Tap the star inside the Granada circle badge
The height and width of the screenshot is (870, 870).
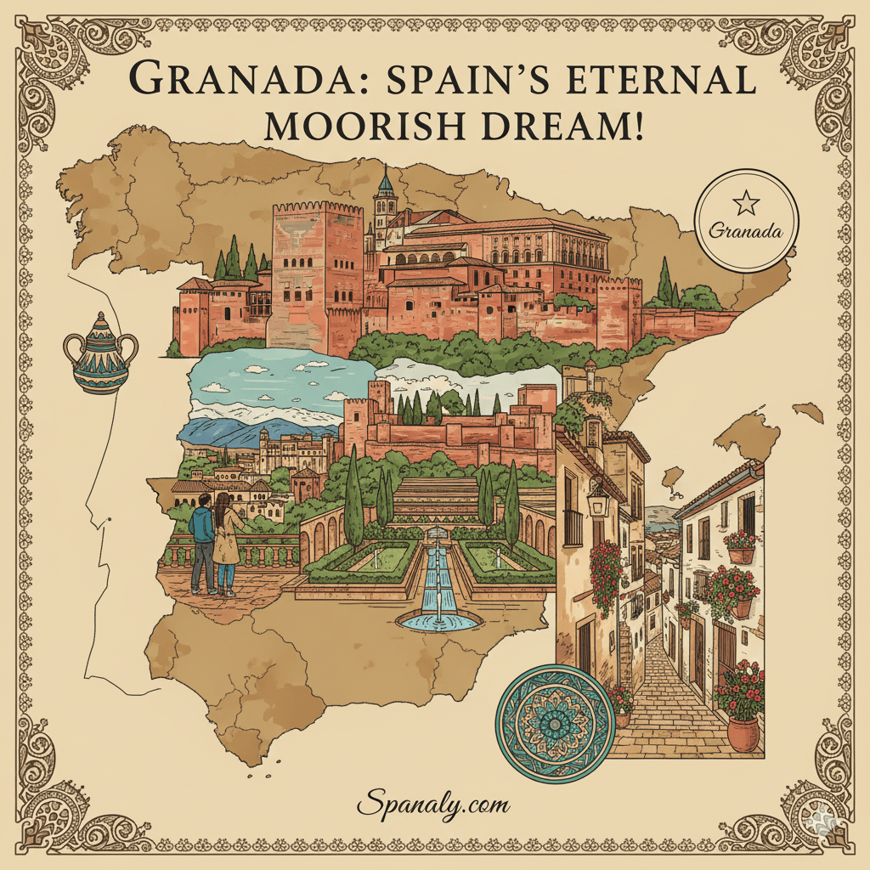coord(746,202)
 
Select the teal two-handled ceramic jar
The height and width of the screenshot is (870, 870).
coord(101,354)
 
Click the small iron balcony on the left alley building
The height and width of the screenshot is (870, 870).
coord(573,527)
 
